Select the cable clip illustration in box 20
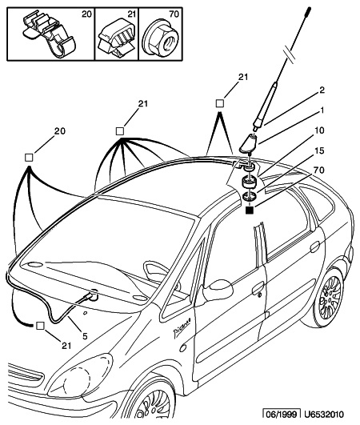[49, 34]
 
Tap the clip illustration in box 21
[117, 38]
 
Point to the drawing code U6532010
[324, 414]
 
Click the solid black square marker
[250, 210]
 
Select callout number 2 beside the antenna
[322, 90]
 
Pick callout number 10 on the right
[320, 130]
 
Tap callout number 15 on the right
[320, 150]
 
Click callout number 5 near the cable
[85, 336]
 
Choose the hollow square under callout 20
[29, 157]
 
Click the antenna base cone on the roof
[249, 143]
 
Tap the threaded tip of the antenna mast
[307, 13]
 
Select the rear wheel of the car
[330, 297]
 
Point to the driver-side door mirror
[218, 291]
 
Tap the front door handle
[258, 288]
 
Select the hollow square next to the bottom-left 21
[40, 326]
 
